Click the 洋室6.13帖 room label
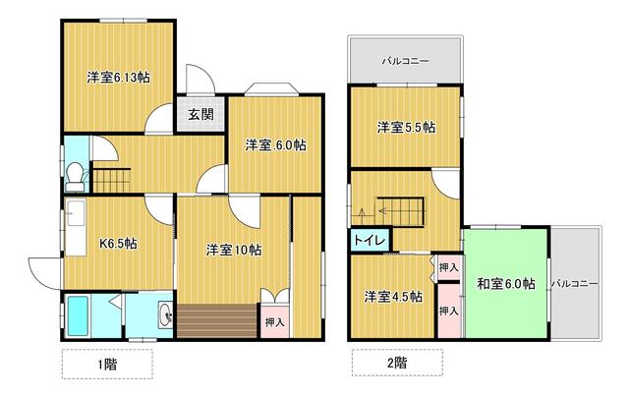click(118, 77)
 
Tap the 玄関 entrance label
click(200, 115)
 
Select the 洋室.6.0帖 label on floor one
click(276, 144)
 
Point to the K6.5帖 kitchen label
click(118, 244)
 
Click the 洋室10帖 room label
click(234, 250)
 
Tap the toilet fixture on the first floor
click(76, 177)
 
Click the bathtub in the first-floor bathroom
click(78, 316)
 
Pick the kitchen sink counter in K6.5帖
click(76, 227)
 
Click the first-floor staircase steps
click(112, 181)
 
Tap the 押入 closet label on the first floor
click(275, 321)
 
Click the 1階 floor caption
click(107, 365)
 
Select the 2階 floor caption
click(397, 363)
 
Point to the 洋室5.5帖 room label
click(406, 128)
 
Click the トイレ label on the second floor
click(370, 241)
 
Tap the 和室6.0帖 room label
click(506, 284)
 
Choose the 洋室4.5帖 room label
click(393, 297)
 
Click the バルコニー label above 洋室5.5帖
click(406, 61)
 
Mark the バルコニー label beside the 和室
click(574, 284)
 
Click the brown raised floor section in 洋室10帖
click(217, 320)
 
